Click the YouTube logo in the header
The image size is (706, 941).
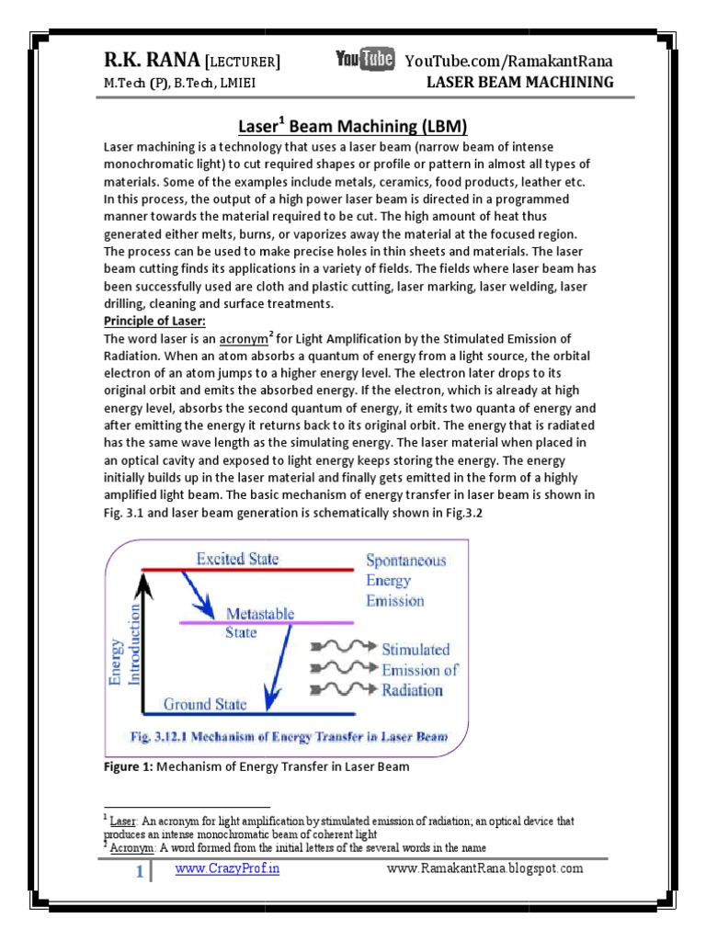[365, 61]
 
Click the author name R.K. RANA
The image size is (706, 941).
[150, 61]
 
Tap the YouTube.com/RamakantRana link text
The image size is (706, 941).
[509, 62]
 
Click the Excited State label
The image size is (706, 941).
[237, 558]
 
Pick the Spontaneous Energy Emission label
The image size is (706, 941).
[405, 580]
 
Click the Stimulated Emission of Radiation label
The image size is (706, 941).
[418, 669]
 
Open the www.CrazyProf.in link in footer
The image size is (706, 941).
[227, 868]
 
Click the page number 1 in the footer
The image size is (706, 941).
[140, 872]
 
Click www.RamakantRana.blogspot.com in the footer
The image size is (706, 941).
[484, 868]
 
